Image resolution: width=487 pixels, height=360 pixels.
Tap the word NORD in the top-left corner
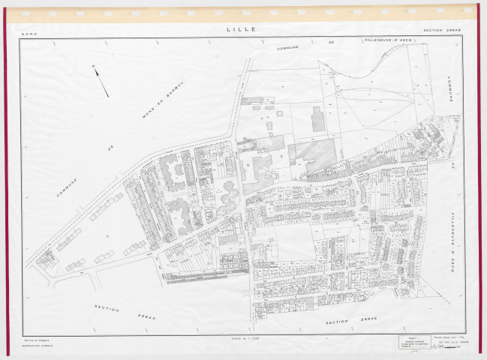[29, 34]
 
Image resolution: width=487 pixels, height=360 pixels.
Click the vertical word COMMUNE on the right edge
[450, 95]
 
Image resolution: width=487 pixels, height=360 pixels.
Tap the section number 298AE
[366, 321]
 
